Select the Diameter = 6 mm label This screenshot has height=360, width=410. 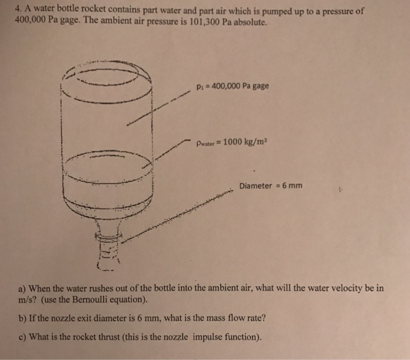tap(271, 186)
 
